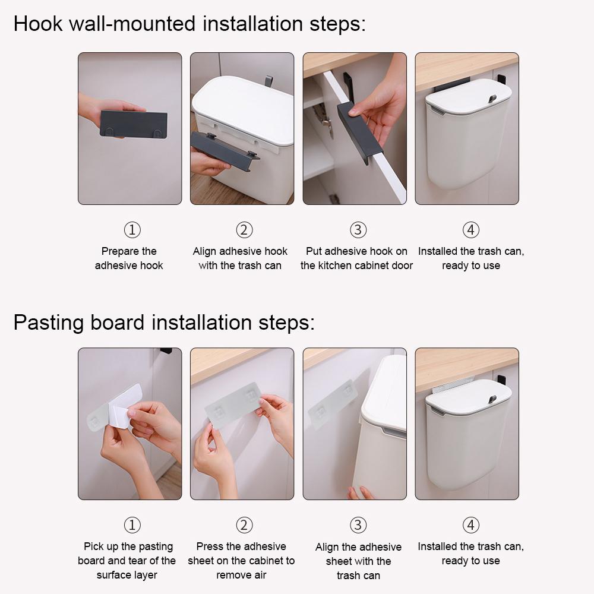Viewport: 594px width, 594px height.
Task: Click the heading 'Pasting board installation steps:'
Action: pos(164,323)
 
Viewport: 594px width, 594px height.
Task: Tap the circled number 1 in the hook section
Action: pos(132,230)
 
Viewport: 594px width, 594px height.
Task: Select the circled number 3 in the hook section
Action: pos(358,230)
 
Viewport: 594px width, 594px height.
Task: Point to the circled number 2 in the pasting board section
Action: pos(244,525)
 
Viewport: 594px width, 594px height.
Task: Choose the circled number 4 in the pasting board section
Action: pos(470,525)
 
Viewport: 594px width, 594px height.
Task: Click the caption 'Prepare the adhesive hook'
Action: pos(129,258)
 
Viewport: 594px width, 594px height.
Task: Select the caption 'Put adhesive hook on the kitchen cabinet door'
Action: pos(356,258)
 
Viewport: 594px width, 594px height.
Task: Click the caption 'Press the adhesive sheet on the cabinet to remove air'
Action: pos(241,560)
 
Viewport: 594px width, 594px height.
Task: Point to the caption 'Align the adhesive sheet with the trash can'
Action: pos(358,561)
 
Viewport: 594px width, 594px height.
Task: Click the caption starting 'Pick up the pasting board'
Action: pos(127,560)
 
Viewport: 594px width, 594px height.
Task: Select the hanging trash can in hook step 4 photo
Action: pos(466,140)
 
